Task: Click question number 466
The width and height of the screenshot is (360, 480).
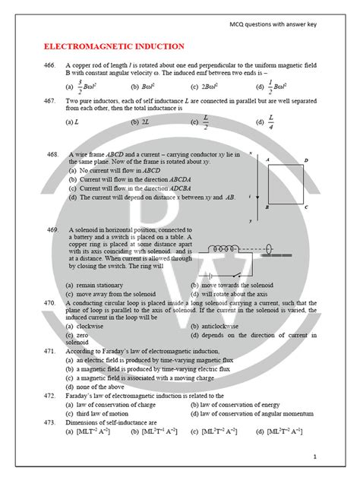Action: pos(49,66)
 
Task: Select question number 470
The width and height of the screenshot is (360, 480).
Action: pos(49,302)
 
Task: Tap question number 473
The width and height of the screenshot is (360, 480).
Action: pos(49,422)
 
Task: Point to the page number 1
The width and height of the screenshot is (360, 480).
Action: pos(314,456)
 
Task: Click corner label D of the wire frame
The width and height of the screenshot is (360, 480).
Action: pos(305,160)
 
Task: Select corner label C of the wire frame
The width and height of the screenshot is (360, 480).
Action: pos(305,207)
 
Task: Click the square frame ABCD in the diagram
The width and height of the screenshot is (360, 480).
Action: pos(286,183)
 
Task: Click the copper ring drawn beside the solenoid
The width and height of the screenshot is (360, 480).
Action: pos(270,248)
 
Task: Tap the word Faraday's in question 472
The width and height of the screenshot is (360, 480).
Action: pos(84,396)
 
